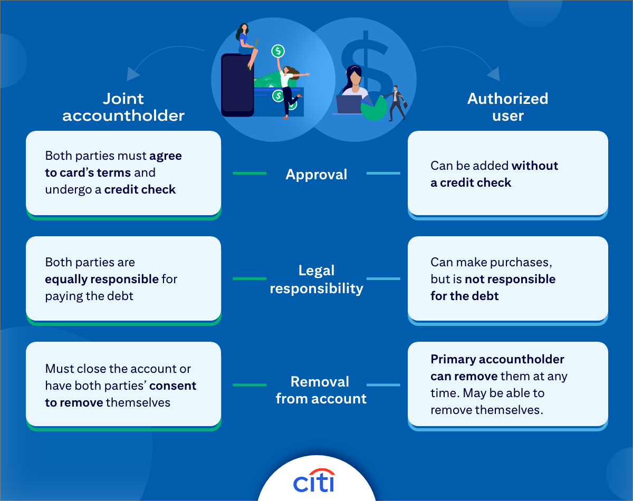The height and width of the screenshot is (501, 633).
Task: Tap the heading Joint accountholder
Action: click(x=123, y=107)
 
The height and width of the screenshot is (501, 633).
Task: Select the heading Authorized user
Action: click(x=508, y=107)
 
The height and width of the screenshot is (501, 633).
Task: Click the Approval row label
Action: click(x=316, y=174)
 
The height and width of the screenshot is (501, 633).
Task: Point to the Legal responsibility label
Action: click(x=316, y=280)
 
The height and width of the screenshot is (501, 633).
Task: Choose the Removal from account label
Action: click(x=321, y=390)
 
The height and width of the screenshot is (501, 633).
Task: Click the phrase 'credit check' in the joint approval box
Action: click(x=140, y=189)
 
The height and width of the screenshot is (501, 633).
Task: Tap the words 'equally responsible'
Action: click(x=102, y=279)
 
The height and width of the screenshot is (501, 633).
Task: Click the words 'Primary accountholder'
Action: click(x=497, y=359)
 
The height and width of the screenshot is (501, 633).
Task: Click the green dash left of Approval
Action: click(x=250, y=173)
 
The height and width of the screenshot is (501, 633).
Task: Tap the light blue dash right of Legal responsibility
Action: click(x=383, y=278)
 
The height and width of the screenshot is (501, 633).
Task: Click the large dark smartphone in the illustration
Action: click(x=237, y=84)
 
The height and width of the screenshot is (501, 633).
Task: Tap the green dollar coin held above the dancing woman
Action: click(x=278, y=51)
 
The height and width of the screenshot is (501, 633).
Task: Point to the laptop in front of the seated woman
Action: click(x=349, y=104)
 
